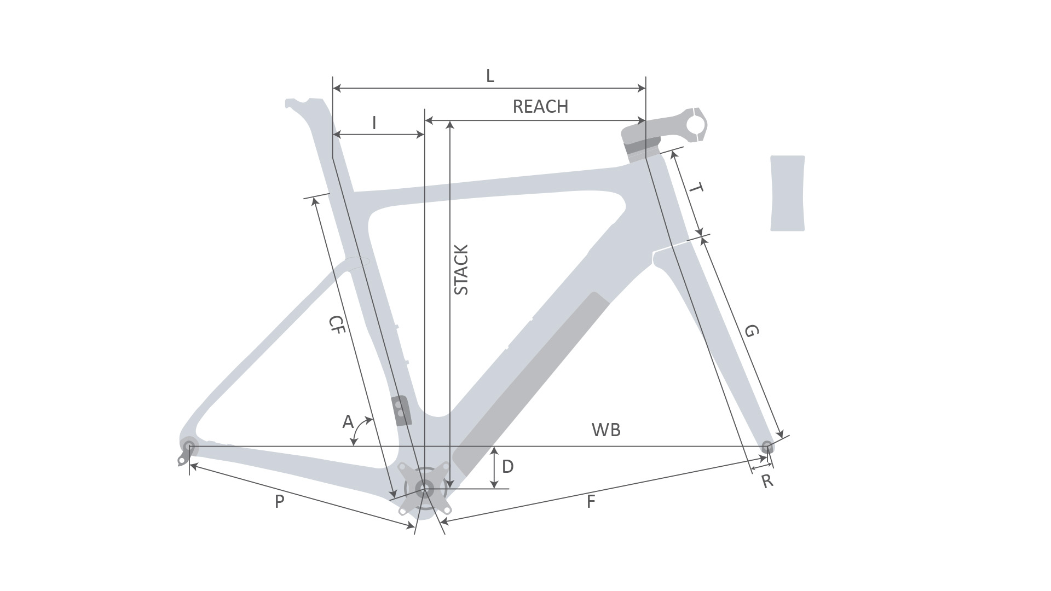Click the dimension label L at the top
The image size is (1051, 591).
point(490,76)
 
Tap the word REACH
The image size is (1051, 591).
point(540,106)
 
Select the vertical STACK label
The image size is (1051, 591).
point(461,270)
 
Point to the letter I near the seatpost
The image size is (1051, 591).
point(374,123)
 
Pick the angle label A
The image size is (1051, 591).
point(348,422)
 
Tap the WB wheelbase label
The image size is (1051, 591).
point(606,430)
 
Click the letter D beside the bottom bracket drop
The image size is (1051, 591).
point(507,467)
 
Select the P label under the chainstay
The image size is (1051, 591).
point(279,501)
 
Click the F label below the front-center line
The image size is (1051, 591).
point(590,502)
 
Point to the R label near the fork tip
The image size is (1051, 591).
point(767,482)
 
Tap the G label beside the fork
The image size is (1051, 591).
point(752,331)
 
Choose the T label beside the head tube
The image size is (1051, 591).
point(695,189)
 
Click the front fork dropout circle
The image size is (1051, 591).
point(767,445)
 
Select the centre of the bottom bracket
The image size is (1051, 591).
point(423,488)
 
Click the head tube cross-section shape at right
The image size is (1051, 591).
point(788,193)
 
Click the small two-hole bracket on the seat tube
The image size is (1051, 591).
point(401,410)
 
